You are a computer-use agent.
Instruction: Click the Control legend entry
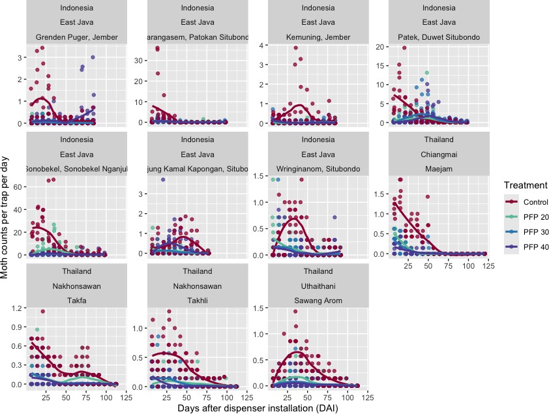525,203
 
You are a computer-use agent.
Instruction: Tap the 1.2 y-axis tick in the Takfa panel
16,308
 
